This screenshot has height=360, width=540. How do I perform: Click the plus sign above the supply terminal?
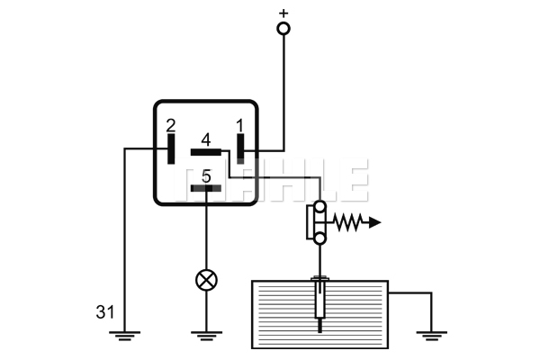[x=283, y=13]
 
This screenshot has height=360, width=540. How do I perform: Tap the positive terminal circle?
[x=283, y=29]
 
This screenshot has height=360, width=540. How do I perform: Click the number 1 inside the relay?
[x=240, y=125]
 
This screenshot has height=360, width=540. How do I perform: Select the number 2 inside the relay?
[x=171, y=126]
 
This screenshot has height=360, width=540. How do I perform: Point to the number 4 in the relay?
[x=206, y=140]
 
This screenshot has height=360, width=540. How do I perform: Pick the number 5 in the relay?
[x=206, y=176]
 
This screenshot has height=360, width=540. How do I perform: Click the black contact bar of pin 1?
[x=240, y=148]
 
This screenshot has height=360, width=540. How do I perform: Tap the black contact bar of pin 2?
[x=171, y=148]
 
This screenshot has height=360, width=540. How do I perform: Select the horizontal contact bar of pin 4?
[x=206, y=152]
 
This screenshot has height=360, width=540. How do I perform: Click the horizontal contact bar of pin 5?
[x=206, y=188]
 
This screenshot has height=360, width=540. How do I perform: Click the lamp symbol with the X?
[x=206, y=280]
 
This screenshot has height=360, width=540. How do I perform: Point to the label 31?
[x=105, y=312]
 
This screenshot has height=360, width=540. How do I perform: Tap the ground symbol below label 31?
[x=125, y=336]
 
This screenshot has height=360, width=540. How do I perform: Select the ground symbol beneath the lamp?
[x=206, y=336]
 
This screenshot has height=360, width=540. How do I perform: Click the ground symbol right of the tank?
[x=431, y=336]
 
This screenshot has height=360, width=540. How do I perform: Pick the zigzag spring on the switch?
[x=348, y=222]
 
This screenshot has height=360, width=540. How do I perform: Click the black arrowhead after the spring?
[x=375, y=222]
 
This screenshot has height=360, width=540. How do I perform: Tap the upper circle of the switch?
[x=319, y=207]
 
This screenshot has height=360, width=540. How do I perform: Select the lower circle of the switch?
[x=319, y=238]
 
